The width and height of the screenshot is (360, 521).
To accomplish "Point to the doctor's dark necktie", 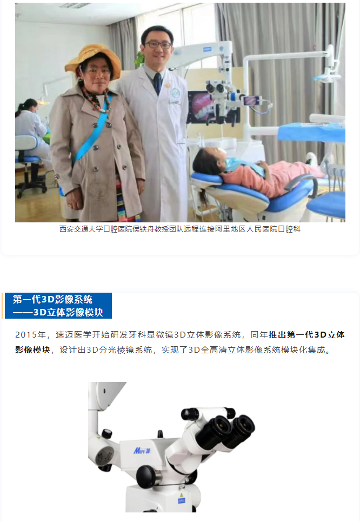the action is (158, 83).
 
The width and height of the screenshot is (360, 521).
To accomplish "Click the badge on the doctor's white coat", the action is (175, 94).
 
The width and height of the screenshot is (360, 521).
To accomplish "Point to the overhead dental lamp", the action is (327, 74).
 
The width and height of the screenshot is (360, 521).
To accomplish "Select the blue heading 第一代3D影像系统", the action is (52, 299).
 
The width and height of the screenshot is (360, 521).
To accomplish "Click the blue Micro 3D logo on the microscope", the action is (142, 451).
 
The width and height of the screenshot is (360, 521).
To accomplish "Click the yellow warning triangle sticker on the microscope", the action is (181, 488).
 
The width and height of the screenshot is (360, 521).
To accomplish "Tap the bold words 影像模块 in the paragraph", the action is (32, 350).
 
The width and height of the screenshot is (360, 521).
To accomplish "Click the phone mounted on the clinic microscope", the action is (252, 100).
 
